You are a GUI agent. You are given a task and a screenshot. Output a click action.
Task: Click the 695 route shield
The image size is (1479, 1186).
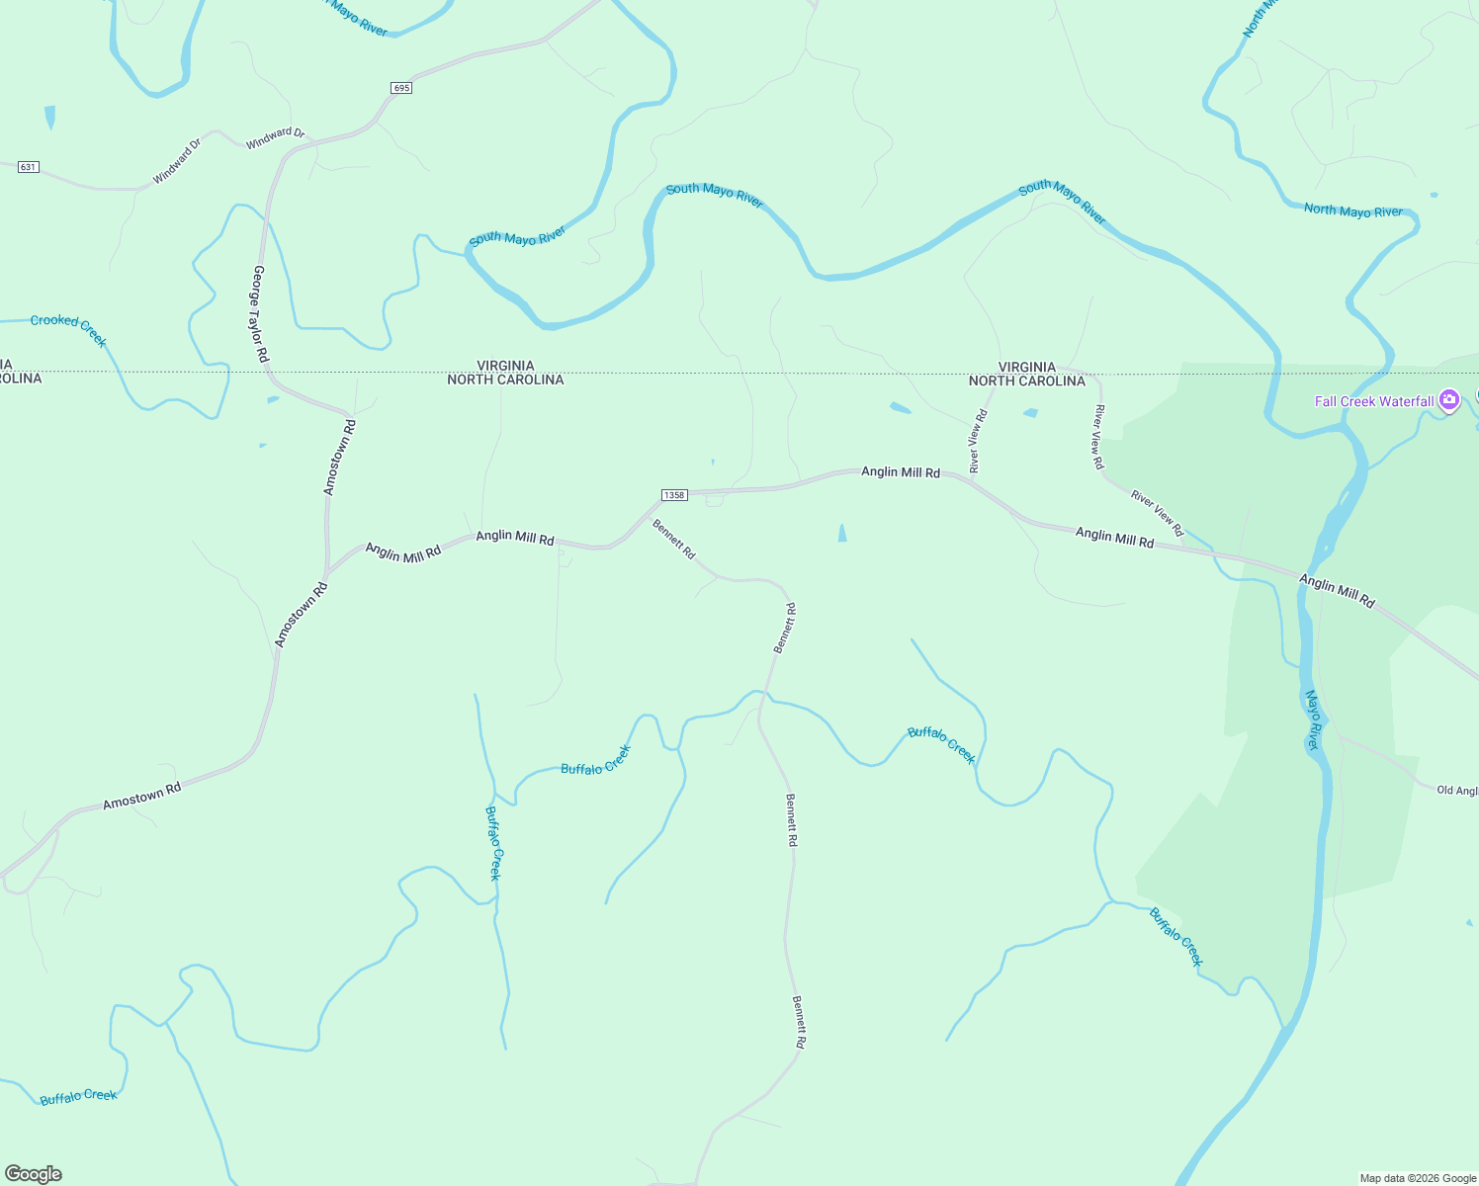(400, 88)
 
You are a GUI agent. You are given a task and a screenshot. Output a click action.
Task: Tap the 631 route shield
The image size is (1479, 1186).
(28, 167)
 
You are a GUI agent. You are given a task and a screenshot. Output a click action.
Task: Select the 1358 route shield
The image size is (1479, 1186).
(674, 495)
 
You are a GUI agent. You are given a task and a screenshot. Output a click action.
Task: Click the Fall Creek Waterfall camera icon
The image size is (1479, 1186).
(1448, 400)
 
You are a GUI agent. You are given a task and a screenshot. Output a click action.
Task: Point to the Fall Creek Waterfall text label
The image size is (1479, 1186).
(1373, 401)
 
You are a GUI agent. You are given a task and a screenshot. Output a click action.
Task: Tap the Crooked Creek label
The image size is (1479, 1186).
(68, 328)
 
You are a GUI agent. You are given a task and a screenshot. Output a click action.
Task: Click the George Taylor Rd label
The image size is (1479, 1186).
(260, 313)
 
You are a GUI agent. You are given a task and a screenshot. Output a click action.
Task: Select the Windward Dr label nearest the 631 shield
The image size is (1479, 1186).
(177, 161)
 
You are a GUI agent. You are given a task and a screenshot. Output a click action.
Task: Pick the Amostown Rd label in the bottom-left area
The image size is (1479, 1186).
(142, 797)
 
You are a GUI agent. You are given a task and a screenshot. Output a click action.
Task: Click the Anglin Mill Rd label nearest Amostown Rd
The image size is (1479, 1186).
(403, 551)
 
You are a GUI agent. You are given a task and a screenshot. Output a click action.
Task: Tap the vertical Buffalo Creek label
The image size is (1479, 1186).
(493, 843)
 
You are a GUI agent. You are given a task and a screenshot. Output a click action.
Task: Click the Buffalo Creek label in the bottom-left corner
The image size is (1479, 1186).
(78, 1096)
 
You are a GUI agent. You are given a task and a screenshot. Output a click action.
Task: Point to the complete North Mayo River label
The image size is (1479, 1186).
(1352, 211)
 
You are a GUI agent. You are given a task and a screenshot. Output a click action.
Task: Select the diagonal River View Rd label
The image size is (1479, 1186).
(1157, 513)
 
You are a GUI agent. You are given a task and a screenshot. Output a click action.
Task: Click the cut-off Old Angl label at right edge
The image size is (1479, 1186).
(1457, 791)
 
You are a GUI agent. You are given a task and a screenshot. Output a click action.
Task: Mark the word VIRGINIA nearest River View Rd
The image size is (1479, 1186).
(1026, 367)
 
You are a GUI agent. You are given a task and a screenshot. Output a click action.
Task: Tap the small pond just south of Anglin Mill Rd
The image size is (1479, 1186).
(842, 533)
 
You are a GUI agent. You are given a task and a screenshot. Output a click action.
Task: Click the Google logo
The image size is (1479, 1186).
(34, 1174)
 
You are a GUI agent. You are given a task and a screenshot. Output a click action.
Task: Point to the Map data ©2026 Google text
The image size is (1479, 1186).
(1418, 1178)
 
